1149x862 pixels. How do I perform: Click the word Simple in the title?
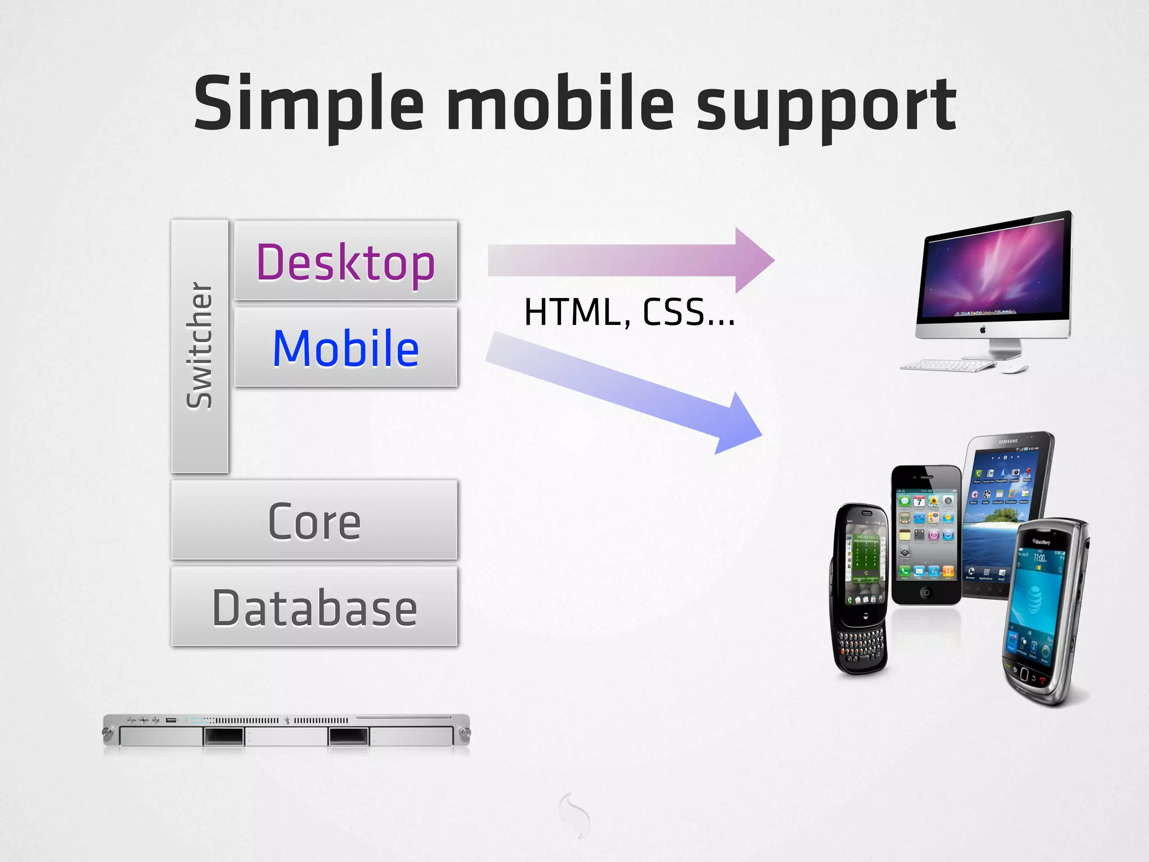(x=309, y=104)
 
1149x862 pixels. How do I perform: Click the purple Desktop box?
(x=346, y=262)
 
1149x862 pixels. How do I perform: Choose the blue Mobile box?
(x=346, y=348)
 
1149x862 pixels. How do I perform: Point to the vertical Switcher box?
(x=200, y=346)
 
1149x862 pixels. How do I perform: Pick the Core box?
(x=314, y=521)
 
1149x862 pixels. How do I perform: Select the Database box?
(x=314, y=607)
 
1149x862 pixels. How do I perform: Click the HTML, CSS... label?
(x=629, y=313)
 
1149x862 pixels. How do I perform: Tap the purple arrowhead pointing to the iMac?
(x=755, y=260)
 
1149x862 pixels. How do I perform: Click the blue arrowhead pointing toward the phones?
(x=738, y=427)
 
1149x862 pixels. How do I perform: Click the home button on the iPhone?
(x=926, y=593)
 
